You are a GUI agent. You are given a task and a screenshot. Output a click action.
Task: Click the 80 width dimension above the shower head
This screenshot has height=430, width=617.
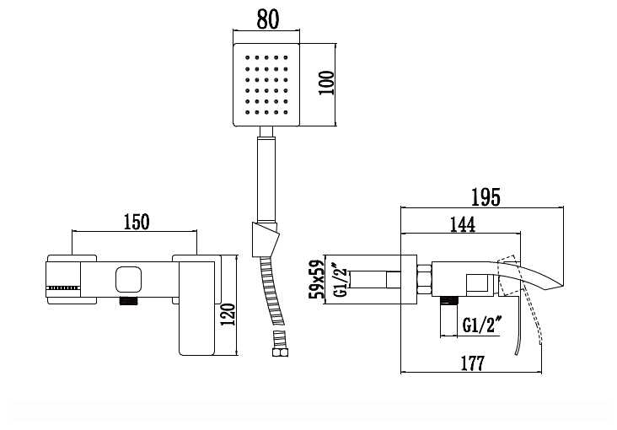[267, 20]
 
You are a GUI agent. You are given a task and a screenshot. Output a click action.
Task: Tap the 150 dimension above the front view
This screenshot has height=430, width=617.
[137, 222]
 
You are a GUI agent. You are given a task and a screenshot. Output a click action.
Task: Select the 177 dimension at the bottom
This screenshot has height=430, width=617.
[472, 363]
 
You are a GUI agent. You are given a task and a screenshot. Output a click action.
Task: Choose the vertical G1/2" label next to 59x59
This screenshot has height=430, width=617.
[339, 282]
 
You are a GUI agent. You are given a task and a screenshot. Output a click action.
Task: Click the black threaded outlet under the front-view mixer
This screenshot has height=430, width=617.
[128, 300]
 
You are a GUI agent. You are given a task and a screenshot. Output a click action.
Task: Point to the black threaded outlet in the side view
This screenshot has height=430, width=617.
[450, 299]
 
